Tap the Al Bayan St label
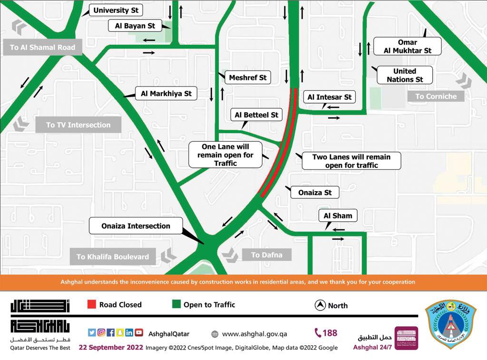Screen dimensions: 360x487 (x=135, y=26)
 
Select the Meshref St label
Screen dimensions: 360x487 (x=248, y=78)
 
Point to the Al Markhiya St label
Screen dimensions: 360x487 (x=166, y=94)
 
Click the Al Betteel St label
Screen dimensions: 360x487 (x=256, y=115)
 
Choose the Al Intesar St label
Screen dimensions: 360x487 (x=329, y=97)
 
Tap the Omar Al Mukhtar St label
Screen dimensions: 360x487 (x=408, y=46)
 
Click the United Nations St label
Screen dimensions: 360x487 (x=405, y=75)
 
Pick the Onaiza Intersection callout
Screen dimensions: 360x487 (x=136, y=226)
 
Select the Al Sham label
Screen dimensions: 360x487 (x=338, y=215)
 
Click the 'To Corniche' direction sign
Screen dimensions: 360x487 (x=436, y=96)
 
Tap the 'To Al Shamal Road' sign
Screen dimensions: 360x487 (x=42, y=47)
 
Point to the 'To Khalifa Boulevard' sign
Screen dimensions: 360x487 (x=113, y=256)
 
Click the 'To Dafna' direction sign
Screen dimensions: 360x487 (x=266, y=255)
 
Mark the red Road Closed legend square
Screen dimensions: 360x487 (x=92, y=304)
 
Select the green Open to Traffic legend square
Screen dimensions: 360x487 (x=176, y=304)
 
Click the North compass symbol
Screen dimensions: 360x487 (x=320, y=305)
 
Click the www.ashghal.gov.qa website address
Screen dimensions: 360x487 (x=254, y=334)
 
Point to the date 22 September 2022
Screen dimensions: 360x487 (x=111, y=347)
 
